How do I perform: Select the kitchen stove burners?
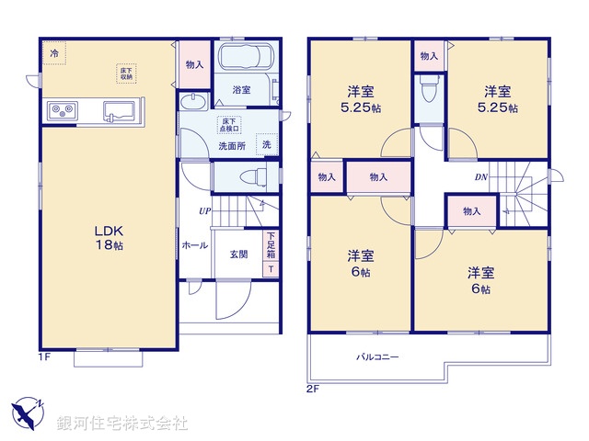(x=62, y=112)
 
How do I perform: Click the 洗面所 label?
(x=231, y=146)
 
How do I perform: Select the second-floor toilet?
(x=426, y=91)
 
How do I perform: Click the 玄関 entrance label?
(x=238, y=254)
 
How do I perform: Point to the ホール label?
(x=194, y=245)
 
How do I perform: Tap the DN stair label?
(x=481, y=177)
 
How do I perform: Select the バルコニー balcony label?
(x=377, y=356)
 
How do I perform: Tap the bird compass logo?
(x=28, y=411)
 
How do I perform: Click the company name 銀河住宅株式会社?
(x=122, y=424)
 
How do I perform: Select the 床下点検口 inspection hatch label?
(x=230, y=124)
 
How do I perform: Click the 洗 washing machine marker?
(x=266, y=144)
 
